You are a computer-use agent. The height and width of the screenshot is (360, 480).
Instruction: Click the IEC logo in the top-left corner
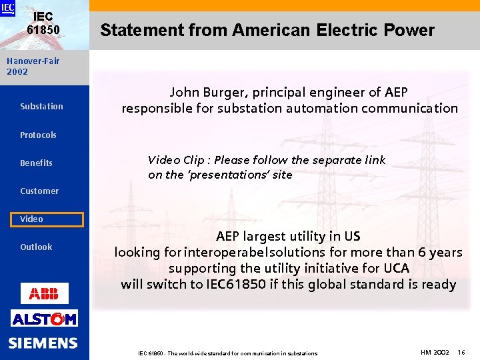coord(7,8)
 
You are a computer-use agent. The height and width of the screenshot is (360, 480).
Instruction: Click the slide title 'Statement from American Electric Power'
coord(267,30)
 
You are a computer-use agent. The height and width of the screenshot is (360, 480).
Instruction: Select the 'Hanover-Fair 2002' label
coord(33,66)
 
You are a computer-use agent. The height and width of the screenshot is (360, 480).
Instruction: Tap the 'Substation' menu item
coord(41,107)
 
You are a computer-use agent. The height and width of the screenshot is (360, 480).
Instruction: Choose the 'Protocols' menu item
coord(38,135)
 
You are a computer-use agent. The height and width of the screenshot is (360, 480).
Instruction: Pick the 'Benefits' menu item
coord(36,163)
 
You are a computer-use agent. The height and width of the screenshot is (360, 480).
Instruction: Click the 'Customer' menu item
coord(39,191)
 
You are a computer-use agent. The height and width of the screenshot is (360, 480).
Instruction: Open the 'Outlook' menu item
coord(36,247)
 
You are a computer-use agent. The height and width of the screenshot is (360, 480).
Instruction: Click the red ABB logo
coord(44,293)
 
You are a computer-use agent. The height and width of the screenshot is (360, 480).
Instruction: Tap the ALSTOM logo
coord(44,319)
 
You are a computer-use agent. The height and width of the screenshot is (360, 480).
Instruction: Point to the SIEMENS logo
coord(43,343)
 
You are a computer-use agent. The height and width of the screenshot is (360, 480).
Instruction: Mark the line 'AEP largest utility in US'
coord(288,237)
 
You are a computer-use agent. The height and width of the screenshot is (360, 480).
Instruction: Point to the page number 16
coord(461,352)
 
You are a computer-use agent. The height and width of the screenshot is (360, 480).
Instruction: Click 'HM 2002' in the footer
coord(435,352)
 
